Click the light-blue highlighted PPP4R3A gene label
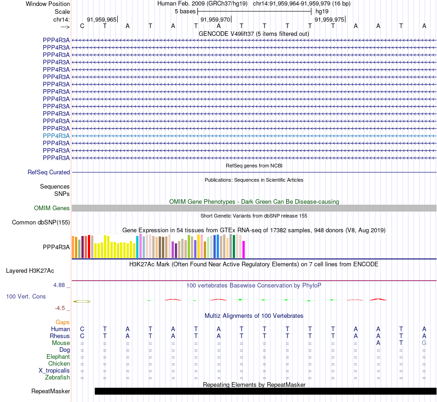pyautogui.click(x=56, y=136)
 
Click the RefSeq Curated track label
pyautogui.click(x=49, y=172)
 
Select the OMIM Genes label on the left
pyautogui.click(x=52, y=208)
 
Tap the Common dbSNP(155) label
pyautogui.click(x=40, y=223)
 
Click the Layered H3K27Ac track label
pyautogui.click(x=30, y=270)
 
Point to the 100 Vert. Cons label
pyautogui.click(x=26, y=297)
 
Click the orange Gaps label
pyautogui.click(x=63, y=322)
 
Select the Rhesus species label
pyautogui.click(x=60, y=336)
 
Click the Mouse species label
pyautogui.click(x=61, y=343)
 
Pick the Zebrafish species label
pyautogui.click(x=57, y=378)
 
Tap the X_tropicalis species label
pyautogui.click(x=54, y=371)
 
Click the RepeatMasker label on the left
pyautogui.click(x=51, y=391)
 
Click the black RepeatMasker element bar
pyautogui.click(x=265, y=391)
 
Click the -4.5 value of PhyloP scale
pyautogui.click(x=62, y=308)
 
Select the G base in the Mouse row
pyautogui.click(x=424, y=343)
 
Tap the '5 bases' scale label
pyautogui.click(x=185, y=11)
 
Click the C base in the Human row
pyautogui.click(x=82, y=329)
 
